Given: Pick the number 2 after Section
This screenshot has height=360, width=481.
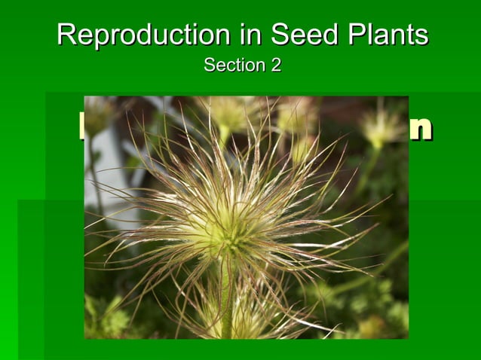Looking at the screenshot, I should [x=276, y=66].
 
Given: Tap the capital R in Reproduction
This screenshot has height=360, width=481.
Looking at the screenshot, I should [x=67, y=35].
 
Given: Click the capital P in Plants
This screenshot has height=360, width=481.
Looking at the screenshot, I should [x=350, y=35].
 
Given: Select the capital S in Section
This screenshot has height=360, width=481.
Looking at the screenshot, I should [x=209, y=66].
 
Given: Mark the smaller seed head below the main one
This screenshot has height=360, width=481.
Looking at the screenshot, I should [x=241, y=320].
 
